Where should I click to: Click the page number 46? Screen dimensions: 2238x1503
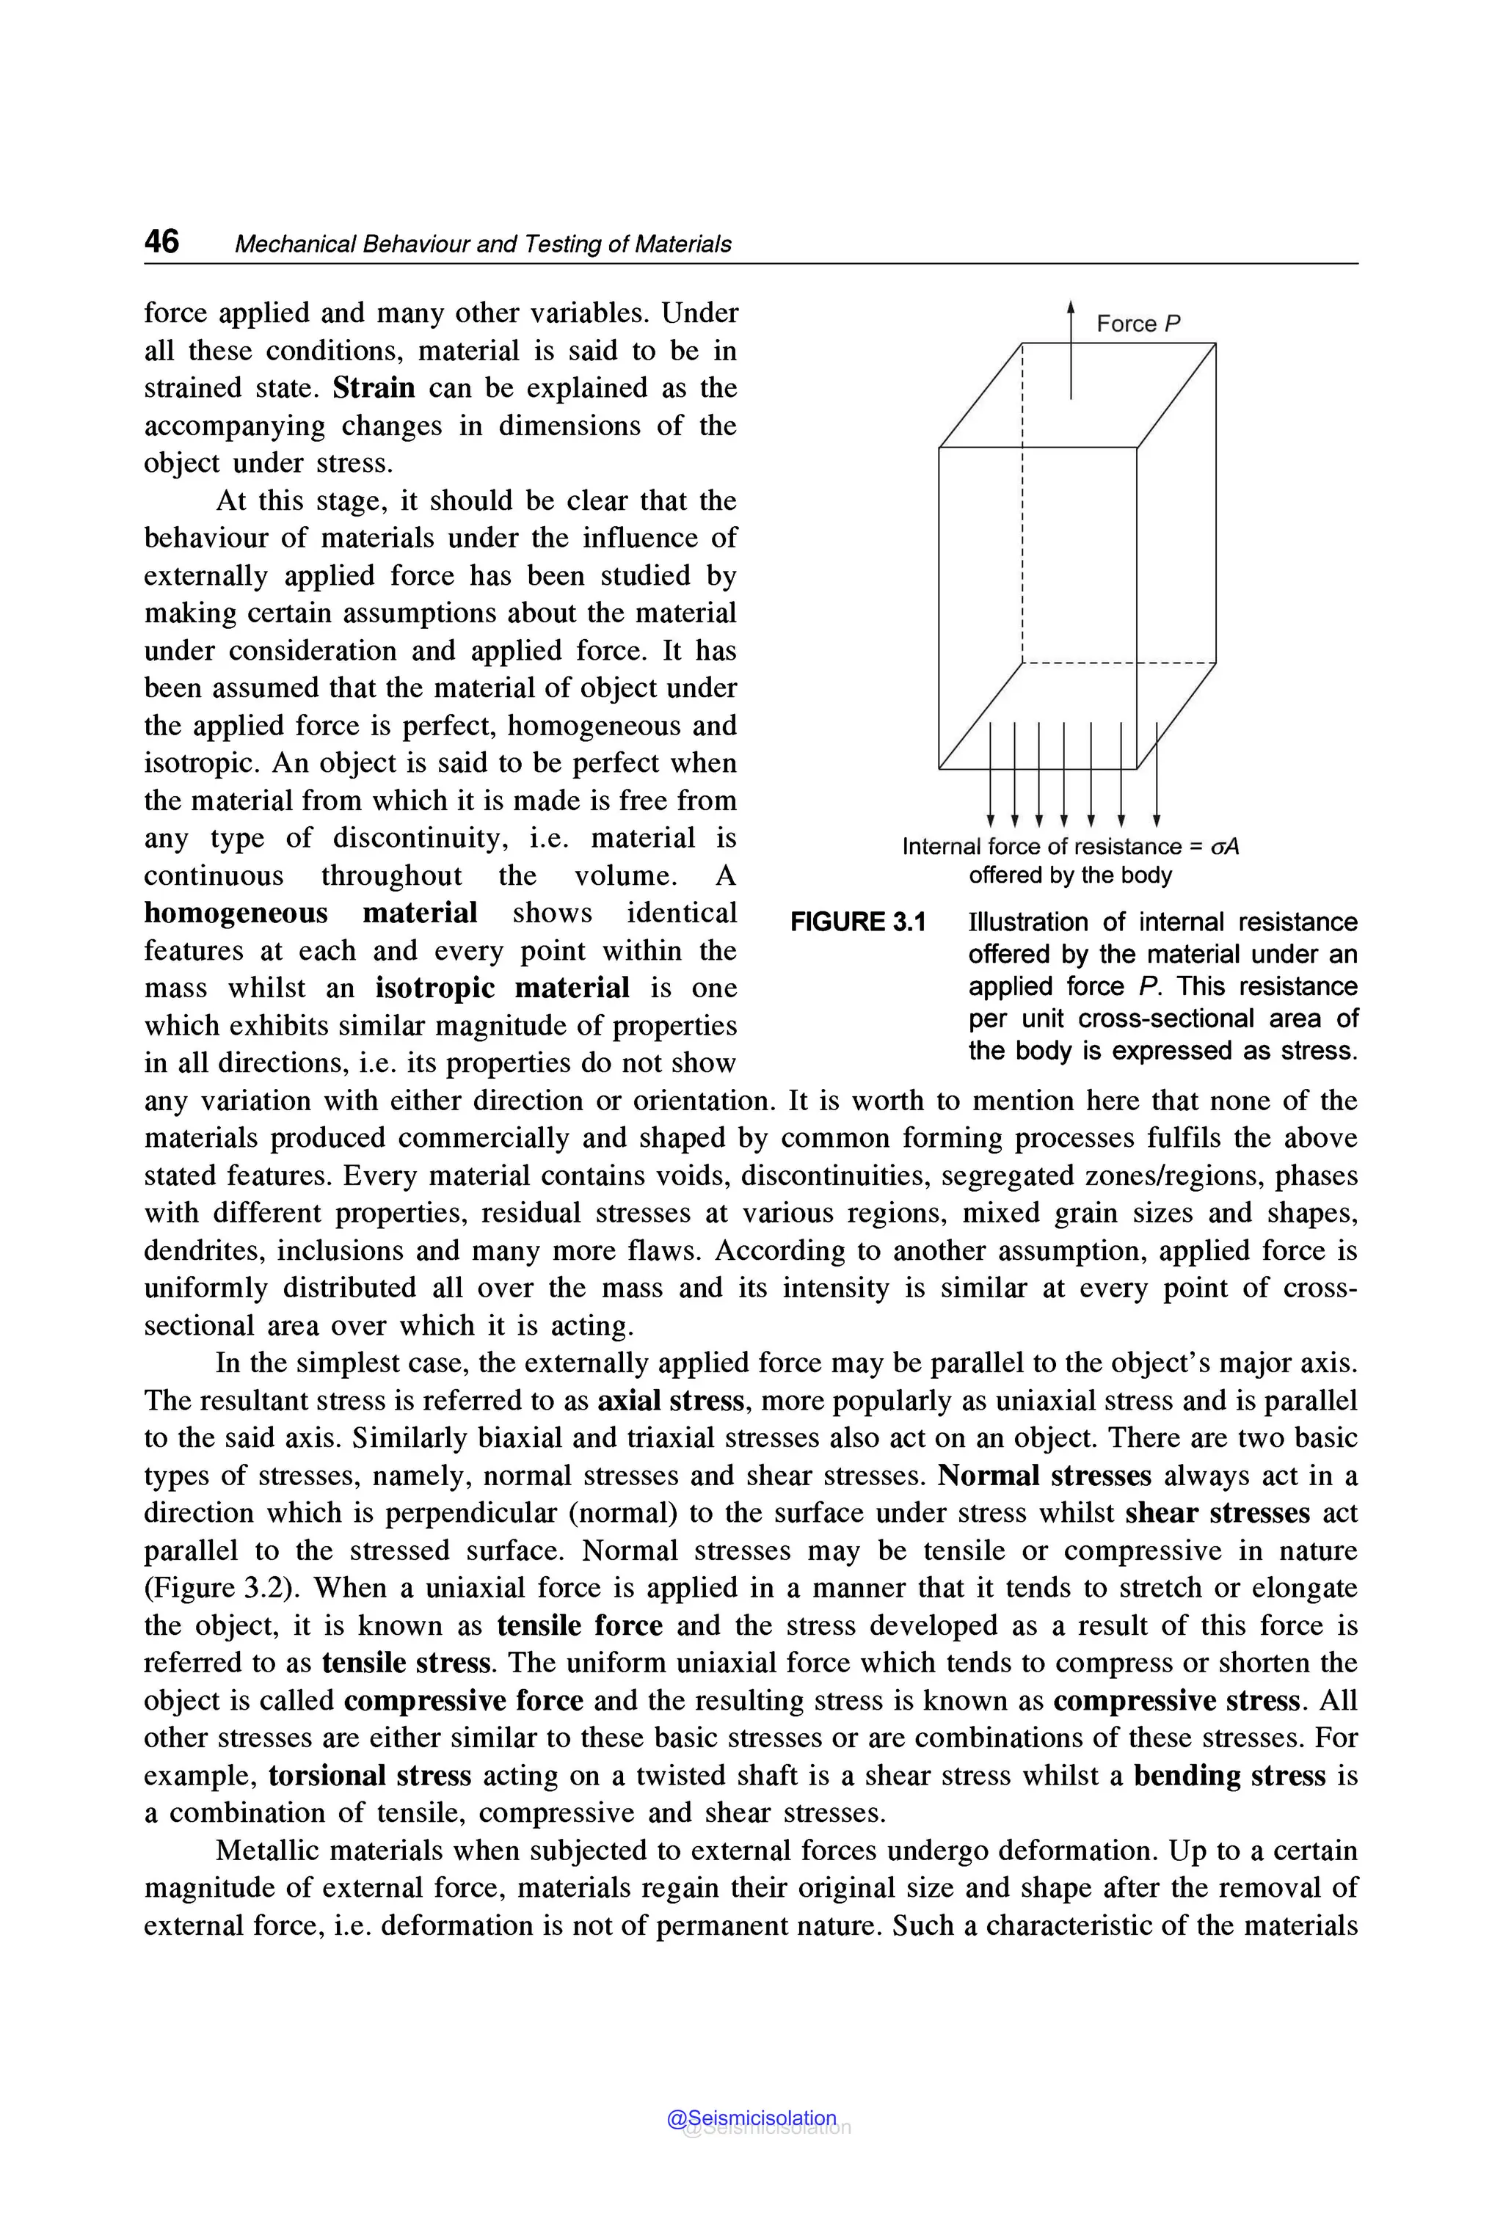[x=161, y=241]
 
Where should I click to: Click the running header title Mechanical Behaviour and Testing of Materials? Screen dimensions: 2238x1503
[x=482, y=244]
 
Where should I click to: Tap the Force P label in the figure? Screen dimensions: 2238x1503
[x=1138, y=324]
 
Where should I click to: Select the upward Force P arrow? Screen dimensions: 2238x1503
[x=1071, y=350]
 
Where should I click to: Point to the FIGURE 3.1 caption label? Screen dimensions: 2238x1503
[x=858, y=922]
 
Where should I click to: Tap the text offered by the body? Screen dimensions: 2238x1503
[x=1070, y=875]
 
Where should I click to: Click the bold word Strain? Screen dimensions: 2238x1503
[x=374, y=388]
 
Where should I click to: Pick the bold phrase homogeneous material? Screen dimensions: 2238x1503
[x=310, y=914]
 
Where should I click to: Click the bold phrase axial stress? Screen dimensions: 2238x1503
[x=670, y=1402]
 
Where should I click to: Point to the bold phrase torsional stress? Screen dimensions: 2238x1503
[x=370, y=1776]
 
